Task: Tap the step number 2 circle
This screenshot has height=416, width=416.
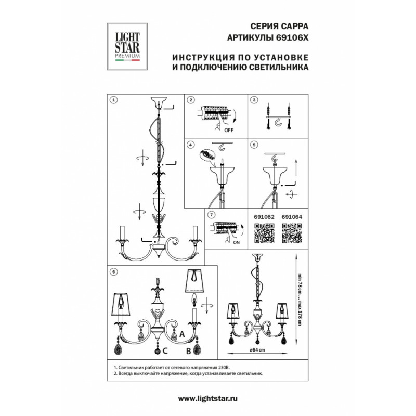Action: pos(191,99)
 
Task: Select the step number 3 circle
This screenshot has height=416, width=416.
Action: pos(253,99)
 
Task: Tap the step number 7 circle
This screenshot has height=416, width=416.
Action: pos(211,214)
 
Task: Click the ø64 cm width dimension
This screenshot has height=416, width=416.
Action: pos(255,350)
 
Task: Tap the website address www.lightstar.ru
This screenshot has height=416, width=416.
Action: pos(207,398)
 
